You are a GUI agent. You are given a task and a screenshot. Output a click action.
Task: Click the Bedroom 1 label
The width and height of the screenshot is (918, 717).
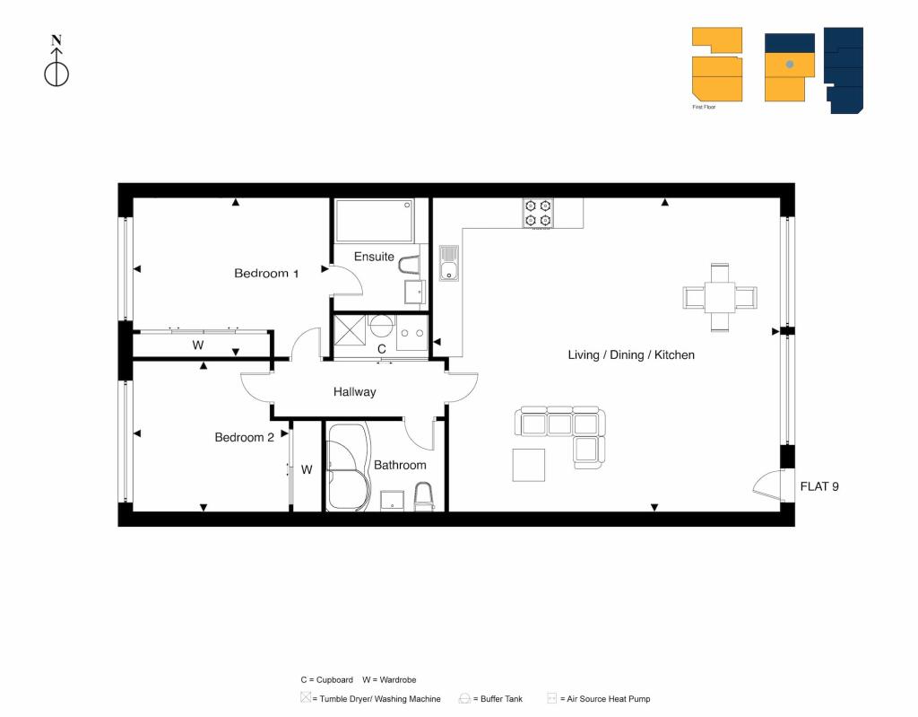[x=266, y=273]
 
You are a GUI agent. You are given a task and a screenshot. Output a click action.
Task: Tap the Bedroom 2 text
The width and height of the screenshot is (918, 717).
[x=244, y=437]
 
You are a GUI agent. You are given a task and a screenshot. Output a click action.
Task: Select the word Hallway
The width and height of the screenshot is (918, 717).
[x=355, y=391]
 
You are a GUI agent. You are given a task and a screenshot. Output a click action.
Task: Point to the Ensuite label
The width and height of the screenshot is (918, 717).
[x=374, y=257]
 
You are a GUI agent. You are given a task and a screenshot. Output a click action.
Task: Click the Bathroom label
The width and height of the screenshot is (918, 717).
[x=400, y=465]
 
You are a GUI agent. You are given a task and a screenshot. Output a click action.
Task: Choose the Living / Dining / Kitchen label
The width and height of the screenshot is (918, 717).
[x=631, y=354]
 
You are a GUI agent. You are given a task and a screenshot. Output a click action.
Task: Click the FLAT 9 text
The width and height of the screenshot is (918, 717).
[x=819, y=486]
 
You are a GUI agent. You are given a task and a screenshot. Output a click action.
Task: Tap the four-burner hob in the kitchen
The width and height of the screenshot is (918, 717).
[x=538, y=214]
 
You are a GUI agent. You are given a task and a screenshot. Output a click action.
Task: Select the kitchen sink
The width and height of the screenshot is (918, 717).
[x=449, y=263]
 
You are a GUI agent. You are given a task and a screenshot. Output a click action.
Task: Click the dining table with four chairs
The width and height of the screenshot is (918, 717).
[x=720, y=297]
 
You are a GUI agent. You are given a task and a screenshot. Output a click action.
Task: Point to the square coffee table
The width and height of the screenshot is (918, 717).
[x=529, y=466]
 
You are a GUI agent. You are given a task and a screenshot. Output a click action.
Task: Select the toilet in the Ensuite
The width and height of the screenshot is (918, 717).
[x=409, y=265]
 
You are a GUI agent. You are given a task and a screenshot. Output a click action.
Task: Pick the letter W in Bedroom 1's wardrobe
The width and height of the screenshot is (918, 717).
[x=198, y=345]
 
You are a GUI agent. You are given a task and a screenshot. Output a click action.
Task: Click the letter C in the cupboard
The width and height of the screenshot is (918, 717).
[x=382, y=349]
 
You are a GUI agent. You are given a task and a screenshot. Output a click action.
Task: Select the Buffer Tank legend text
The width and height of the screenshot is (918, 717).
[x=501, y=699]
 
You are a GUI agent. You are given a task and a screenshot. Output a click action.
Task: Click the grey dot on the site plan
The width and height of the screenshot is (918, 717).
[x=789, y=64]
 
